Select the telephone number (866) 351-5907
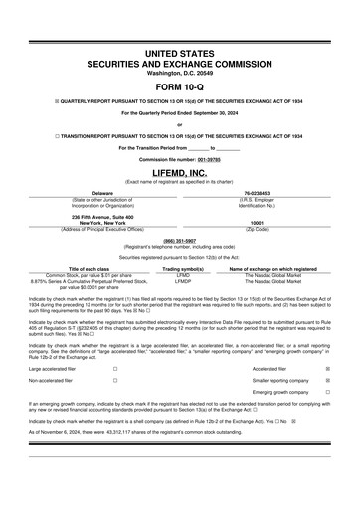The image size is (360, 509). coord(179,240)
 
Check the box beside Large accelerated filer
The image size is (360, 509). coord(114,367)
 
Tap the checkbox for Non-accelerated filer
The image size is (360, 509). coord(114,380)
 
